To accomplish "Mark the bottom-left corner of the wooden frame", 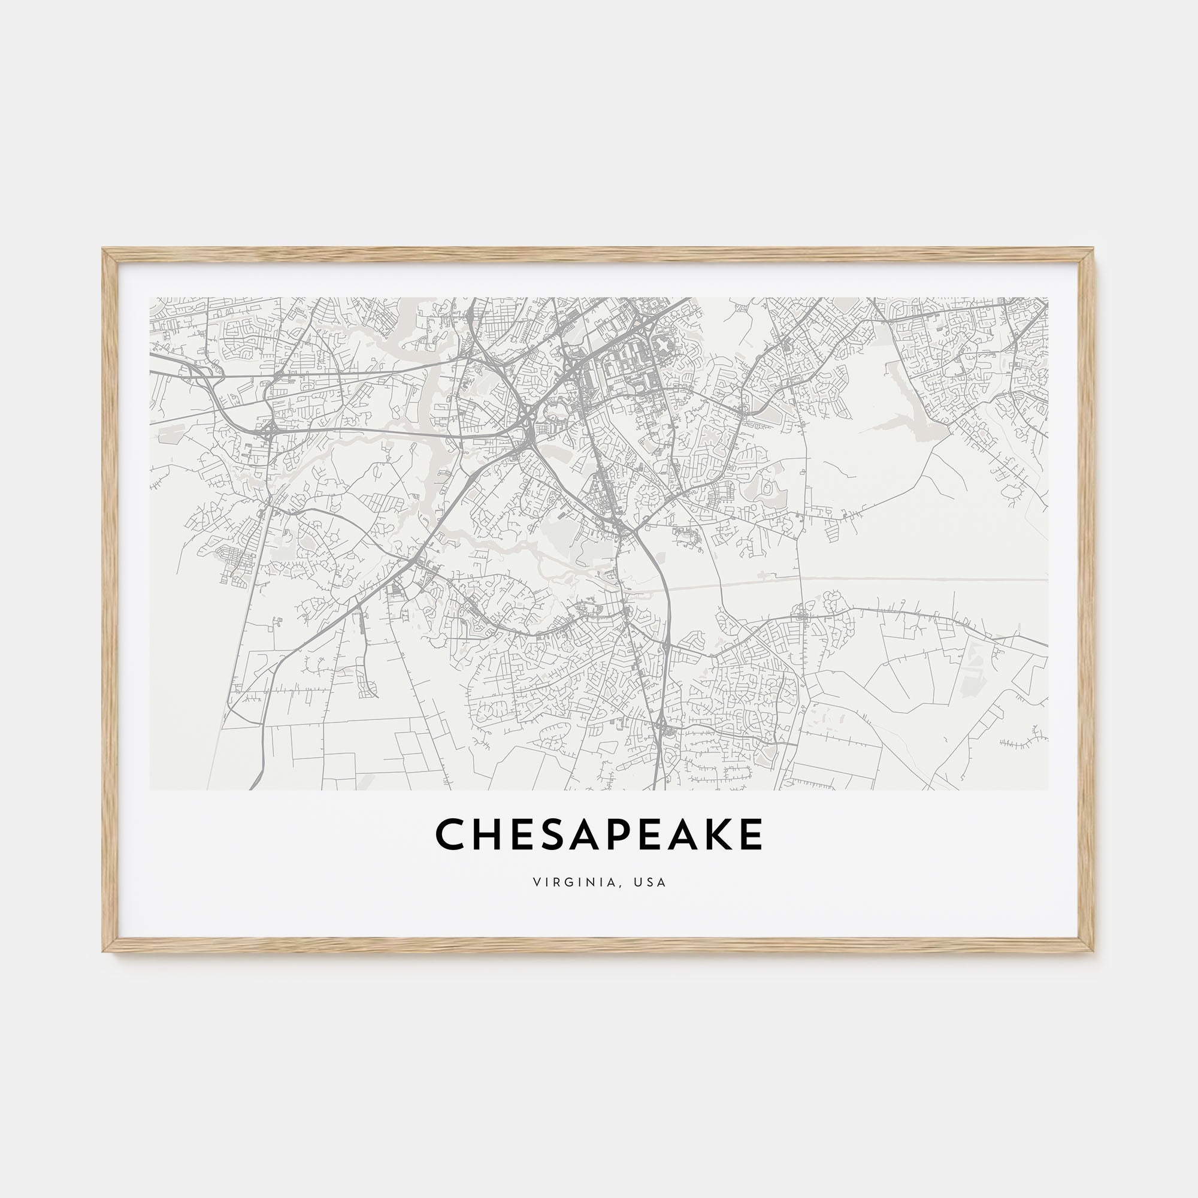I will (x=104, y=951).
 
